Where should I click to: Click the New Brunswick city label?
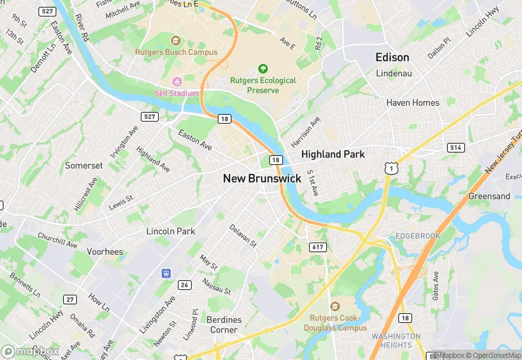pos(262,178)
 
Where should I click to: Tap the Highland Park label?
pos(333,155)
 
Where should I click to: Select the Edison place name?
pos(392,58)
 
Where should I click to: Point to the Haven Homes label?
pos(413,103)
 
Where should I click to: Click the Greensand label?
pos(489,196)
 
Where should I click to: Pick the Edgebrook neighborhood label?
pos(418,235)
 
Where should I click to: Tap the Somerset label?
pos(84,166)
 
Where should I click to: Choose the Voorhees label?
pos(105,252)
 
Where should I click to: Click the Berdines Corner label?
pos(223,325)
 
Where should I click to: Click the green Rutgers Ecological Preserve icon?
pos(262,69)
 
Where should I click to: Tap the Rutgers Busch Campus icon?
pos(175,41)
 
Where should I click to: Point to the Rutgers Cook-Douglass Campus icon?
pos(335,306)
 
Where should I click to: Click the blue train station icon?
pos(166,273)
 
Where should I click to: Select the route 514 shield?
pos(455,147)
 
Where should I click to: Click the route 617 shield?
pos(317,247)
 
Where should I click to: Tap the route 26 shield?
pos(184,284)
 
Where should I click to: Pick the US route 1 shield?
pos(389,168)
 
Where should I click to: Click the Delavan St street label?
pos(242,236)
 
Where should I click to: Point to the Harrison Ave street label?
pos(306,131)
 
